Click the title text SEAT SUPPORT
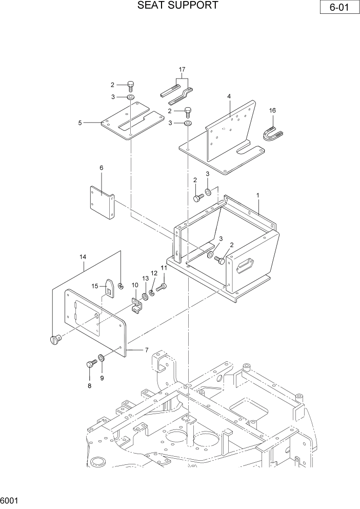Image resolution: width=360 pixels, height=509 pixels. point(178,6)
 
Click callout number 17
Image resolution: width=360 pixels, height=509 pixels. point(182,69)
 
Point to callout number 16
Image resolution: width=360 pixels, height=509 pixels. point(272,110)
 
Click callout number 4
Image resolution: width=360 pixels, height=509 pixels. point(229,96)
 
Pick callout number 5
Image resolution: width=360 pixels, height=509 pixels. point(80,123)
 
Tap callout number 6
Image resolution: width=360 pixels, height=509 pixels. point(101,167)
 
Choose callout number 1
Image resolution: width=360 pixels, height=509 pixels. point(257,195)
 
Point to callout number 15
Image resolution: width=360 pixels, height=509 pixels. point(94,286)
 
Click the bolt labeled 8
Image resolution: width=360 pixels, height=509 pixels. point(91,365)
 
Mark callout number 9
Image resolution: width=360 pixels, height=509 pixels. point(102,378)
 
